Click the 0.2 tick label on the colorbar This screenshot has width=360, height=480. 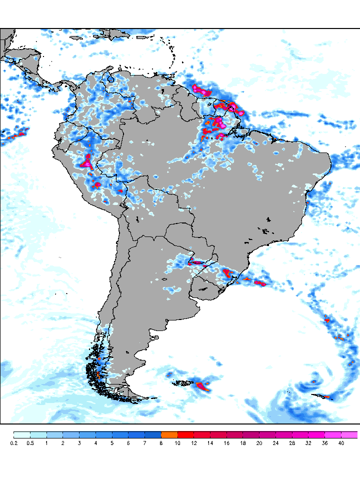(x=14, y=443)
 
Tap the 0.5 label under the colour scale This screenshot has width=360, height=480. (x=30, y=443)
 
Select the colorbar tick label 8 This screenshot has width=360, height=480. (x=161, y=443)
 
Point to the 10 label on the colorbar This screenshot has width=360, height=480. (x=178, y=443)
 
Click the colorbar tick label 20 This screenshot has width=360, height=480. (x=259, y=443)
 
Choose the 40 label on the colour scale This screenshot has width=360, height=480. (x=341, y=443)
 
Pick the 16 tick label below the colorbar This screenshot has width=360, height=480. (x=227, y=443)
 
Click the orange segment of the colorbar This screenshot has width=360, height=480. (x=169, y=434)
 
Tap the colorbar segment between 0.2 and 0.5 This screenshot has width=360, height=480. (x=22, y=434)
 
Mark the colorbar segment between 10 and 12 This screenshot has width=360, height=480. (x=186, y=434)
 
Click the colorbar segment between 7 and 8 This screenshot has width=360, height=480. (x=153, y=434)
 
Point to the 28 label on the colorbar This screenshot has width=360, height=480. (x=292, y=443)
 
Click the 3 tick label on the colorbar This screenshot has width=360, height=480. (x=79, y=443)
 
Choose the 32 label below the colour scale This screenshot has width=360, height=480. (x=308, y=443)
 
